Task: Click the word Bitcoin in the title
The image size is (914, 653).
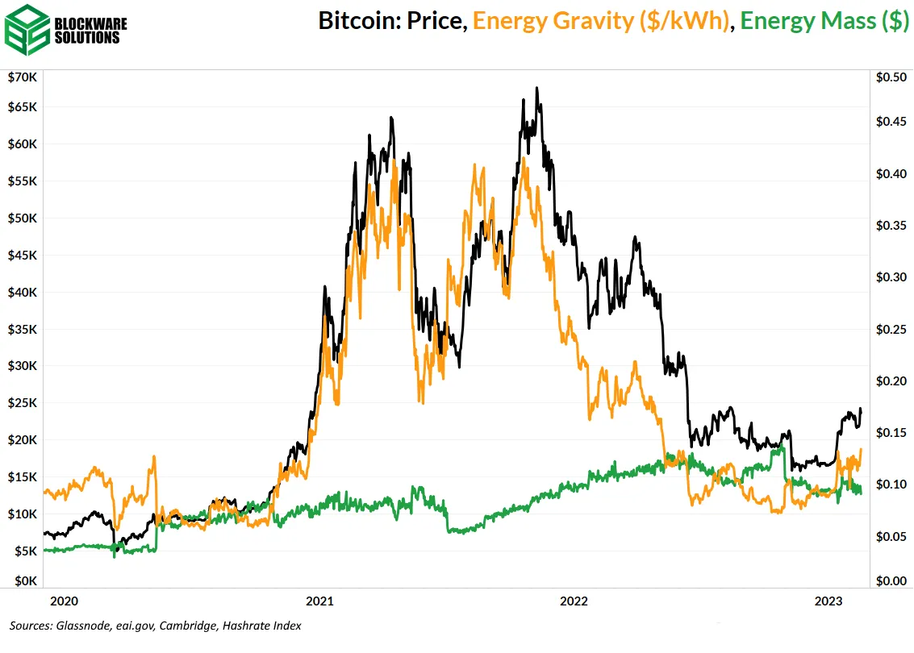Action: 351,21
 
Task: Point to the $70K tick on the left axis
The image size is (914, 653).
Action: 22,77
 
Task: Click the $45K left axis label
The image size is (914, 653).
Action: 22,256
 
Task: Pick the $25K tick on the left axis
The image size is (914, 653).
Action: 22,403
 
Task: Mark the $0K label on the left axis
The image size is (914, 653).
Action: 24,580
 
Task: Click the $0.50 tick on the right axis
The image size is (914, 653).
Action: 891,77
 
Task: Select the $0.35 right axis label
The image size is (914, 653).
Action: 891,226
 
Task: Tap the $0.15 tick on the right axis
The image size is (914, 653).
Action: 891,433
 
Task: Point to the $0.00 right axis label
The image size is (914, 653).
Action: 891,580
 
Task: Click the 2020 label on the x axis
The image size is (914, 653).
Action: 64,601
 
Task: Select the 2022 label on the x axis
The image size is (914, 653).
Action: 574,601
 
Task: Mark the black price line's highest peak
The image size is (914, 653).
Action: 537,88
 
